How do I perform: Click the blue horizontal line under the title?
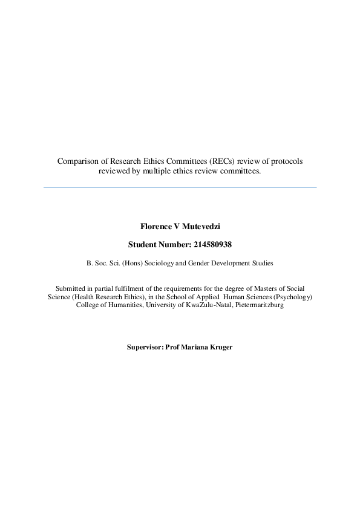pos(180,187)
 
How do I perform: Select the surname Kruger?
pos(219,348)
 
